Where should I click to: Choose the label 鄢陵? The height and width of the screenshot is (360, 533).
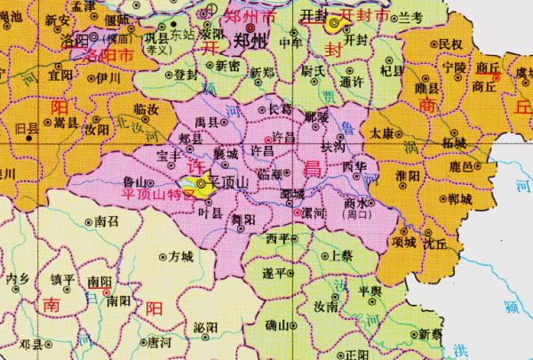click(316, 116)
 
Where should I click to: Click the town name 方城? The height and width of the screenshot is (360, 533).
click(180, 257)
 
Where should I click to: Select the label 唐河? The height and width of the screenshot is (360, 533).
click(160, 340)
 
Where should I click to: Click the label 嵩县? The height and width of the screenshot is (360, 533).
click(67, 121)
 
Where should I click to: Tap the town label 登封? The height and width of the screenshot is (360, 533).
click(187, 75)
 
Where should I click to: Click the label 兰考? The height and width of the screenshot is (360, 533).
click(410, 17)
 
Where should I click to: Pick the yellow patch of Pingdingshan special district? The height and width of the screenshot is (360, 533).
click(203, 185)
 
